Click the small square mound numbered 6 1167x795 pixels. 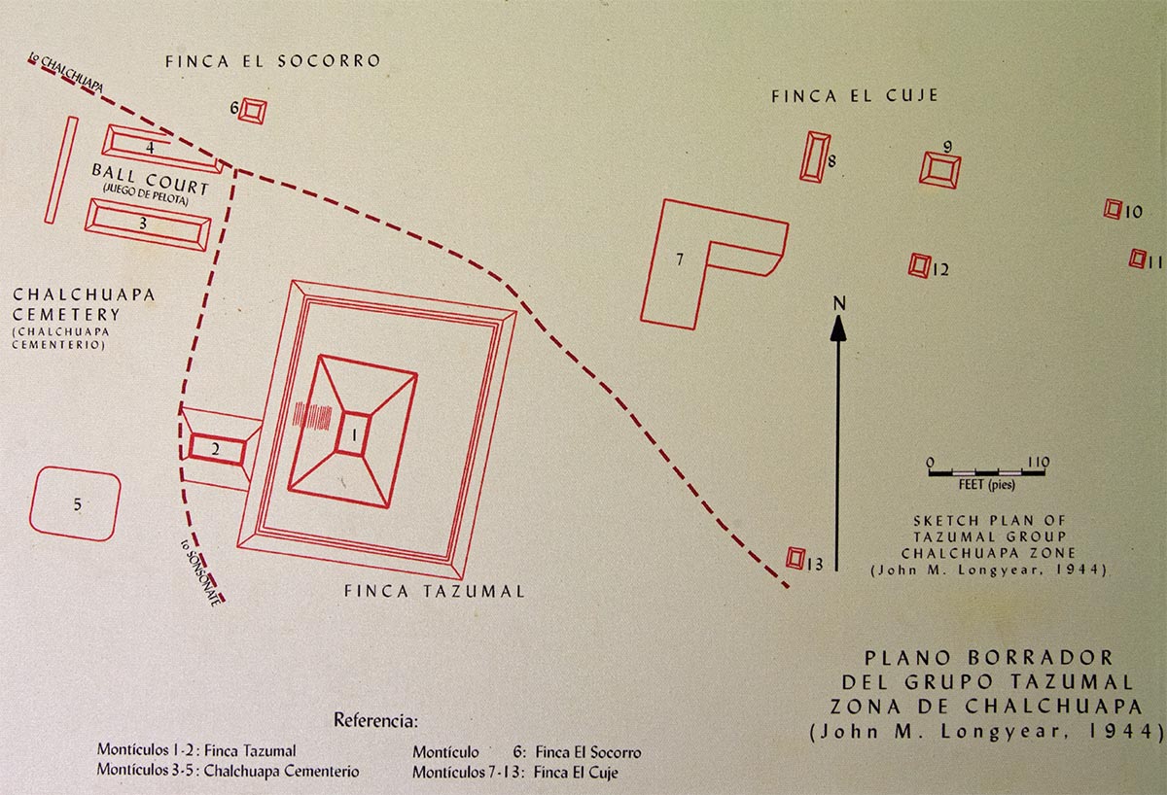pyautogui.click(x=253, y=111)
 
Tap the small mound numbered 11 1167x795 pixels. pyautogui.click(x=1137, y=259)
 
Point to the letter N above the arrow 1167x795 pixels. pyautogui.click(x=838, y=303)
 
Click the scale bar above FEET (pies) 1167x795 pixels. pyautogui.click(x=987, y=473)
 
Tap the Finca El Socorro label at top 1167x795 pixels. pyautogui.click(x=272, y=61)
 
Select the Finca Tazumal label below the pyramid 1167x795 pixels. pyautogui.click(x=434, y=591)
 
